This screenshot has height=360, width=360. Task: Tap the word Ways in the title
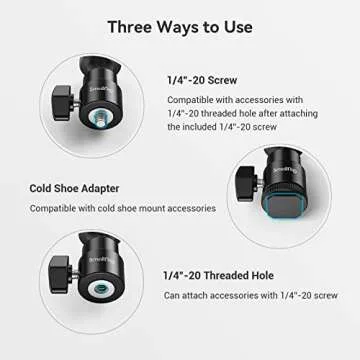190,27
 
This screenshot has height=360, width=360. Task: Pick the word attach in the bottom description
204,295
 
